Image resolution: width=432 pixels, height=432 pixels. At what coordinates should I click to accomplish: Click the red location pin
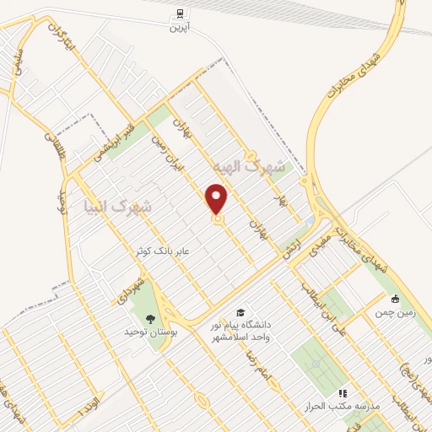coord(218,198)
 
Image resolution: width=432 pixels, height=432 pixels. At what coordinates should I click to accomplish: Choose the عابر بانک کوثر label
coord(129,251)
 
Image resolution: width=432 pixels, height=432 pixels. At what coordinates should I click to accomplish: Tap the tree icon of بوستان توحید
coord(150,318)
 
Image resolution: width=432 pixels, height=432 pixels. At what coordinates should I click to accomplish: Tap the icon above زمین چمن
coord(395,298)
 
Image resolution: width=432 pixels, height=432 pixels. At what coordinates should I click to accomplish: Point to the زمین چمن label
coord(394,311)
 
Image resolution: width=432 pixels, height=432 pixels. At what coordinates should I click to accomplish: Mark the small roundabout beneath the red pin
coord(218,220)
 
